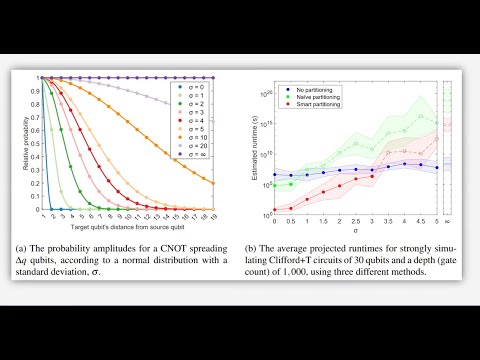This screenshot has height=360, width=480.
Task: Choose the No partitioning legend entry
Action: pos(300,89)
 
